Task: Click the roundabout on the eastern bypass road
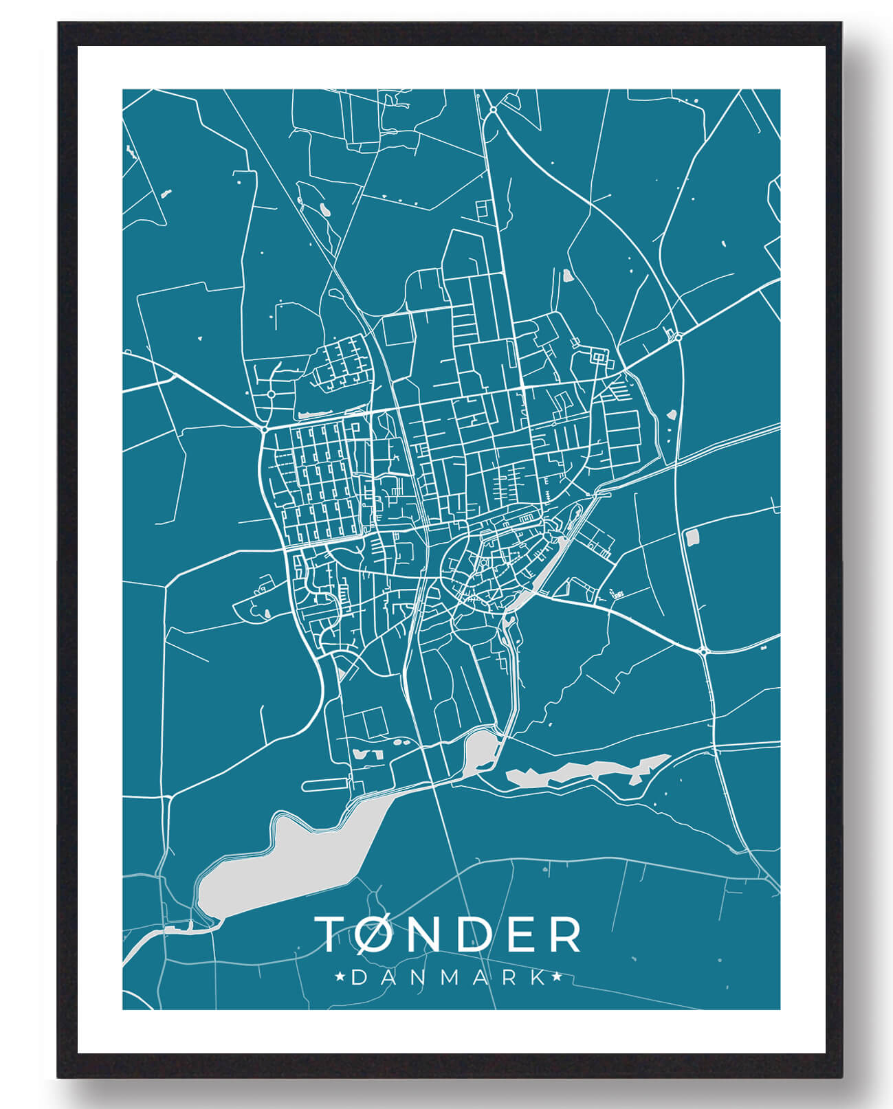tap(679, 337)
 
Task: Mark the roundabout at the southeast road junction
tap(703, 651)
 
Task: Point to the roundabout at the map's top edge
tap(493, 109)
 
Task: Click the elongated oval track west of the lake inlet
tap(324, 784)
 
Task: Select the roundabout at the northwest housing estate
tap(272, 394)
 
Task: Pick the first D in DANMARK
tap(359, 977)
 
